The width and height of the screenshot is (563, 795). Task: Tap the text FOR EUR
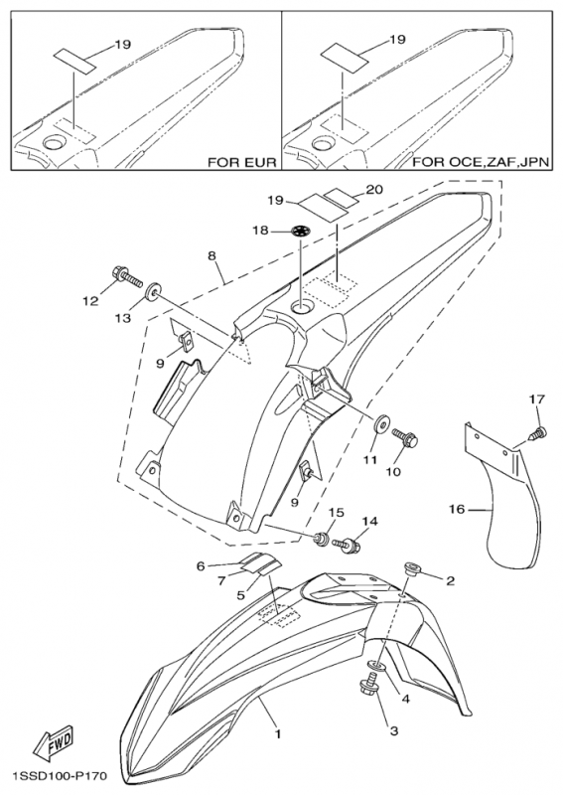pyautogui.click(x=242, y=163)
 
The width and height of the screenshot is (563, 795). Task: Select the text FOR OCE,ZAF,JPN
pyautogui.click(x=482, y=163)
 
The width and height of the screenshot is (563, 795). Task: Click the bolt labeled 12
pyautogui.click(x=126, y=275)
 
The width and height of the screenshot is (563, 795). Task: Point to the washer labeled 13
pyautogui.click(x=151, y=293)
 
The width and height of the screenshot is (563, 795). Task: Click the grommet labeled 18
pyautogui.click(x=301, y=232)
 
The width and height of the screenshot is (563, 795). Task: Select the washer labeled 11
pyautogui.click(x=380, y=424)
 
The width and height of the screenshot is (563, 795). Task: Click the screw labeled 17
pyautogui.click(x=537, y=434)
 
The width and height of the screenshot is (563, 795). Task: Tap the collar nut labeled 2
pyautogui.click(x=411, y=568)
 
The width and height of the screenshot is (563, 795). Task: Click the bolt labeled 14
pyautogui.click(x=348, y=546)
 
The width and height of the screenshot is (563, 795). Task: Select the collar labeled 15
pyautogui.click(x=321, y=539)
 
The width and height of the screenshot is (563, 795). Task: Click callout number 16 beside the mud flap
pyautogui.click(x=457, y=509)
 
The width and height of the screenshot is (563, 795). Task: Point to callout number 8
pyautogui.click(x=211, y=256)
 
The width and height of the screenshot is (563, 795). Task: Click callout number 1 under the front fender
pyautogui.click(x=277, y=733)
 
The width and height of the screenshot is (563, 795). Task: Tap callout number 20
pyautogui.click(x=375, y=189)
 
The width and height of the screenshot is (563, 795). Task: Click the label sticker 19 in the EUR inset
pyautogui.click(x=75, y=61)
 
